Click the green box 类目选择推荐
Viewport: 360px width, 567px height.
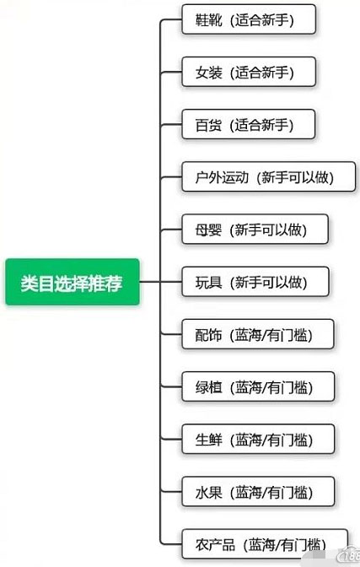point(73,282)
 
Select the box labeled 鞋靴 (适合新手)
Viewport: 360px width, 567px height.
point(249,19)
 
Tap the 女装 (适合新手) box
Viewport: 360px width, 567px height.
point(249,72)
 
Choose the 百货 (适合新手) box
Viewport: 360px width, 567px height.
point(249,124)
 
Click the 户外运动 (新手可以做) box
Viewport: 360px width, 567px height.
point(269,177)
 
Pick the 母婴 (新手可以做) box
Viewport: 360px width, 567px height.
point(255,229)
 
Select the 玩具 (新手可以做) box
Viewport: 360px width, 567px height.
point(255,282)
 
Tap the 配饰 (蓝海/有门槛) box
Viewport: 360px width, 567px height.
point(258,334)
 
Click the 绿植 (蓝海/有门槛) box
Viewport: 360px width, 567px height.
point(258,386)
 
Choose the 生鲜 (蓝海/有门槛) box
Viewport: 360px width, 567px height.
point(258,439)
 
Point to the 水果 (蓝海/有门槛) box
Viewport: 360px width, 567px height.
point(258,491)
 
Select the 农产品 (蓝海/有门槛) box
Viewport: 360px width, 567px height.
point(265,544)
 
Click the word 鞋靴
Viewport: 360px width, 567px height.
point(208,20)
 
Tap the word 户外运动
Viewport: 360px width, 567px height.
point(222,177)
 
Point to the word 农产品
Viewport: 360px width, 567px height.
point(215,544)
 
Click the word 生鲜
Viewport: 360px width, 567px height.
point(208,440)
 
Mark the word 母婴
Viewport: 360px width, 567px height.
point(208,229)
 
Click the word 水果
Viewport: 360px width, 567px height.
point(208,492)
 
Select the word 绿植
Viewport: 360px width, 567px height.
point(208,387)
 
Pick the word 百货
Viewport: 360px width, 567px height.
point(208,125)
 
